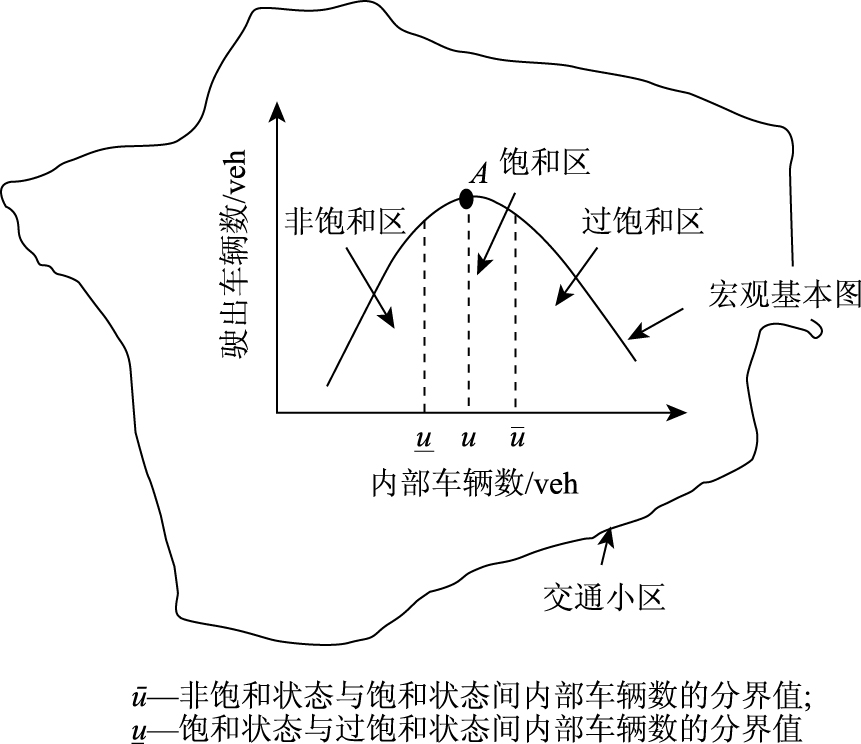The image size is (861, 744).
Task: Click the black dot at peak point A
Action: tap(466, 198)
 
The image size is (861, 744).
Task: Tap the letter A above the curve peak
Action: tap(479, 174)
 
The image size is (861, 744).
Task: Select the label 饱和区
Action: tap(545, 164)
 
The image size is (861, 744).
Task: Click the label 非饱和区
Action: tap(344, 220)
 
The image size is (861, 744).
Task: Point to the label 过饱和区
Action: tap(642, 221)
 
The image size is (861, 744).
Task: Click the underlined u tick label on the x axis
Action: tap(424, 439)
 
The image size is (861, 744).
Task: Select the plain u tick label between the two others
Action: tap(468, 439)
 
